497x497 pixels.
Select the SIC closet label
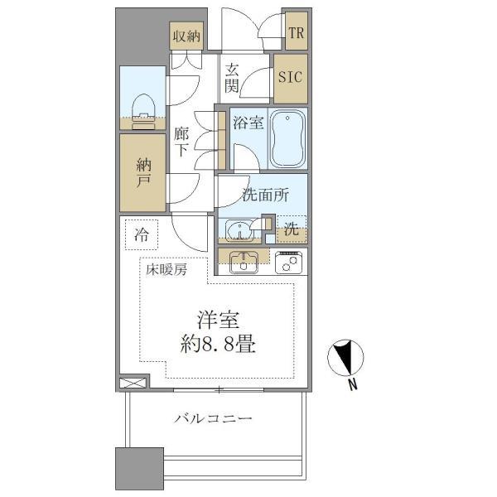point(291,79)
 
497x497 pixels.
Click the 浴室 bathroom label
point(248,123)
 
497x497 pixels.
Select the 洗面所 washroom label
point(265,195)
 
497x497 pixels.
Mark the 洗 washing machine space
point(292,229)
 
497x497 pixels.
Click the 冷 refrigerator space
point(142,234)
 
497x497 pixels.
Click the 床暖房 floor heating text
point(166,269)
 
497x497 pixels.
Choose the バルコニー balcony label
point(213,419)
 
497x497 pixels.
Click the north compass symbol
point(348,358)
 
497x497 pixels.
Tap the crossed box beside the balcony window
point(133,384)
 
